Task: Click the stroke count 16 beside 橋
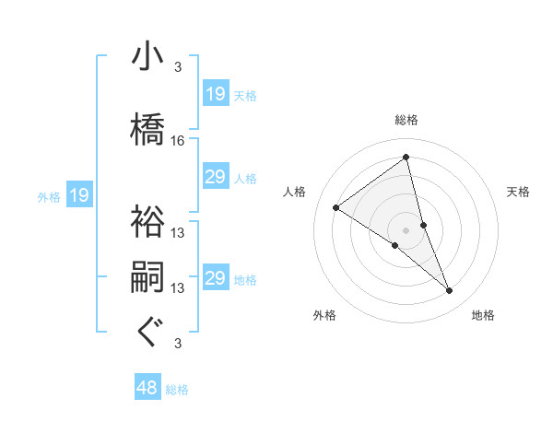178,140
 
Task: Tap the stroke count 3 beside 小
178,66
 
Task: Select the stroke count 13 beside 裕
178,232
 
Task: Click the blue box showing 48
147,388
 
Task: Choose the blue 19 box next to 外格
78,195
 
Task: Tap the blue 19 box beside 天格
216,94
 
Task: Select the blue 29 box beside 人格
216,177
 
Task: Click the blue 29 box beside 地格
216,278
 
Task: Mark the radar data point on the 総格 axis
406,158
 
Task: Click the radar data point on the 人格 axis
336,207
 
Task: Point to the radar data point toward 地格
450,291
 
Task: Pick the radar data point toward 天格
424,225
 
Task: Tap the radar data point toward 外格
394,245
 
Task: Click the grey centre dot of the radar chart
406,229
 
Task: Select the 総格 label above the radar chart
406,120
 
